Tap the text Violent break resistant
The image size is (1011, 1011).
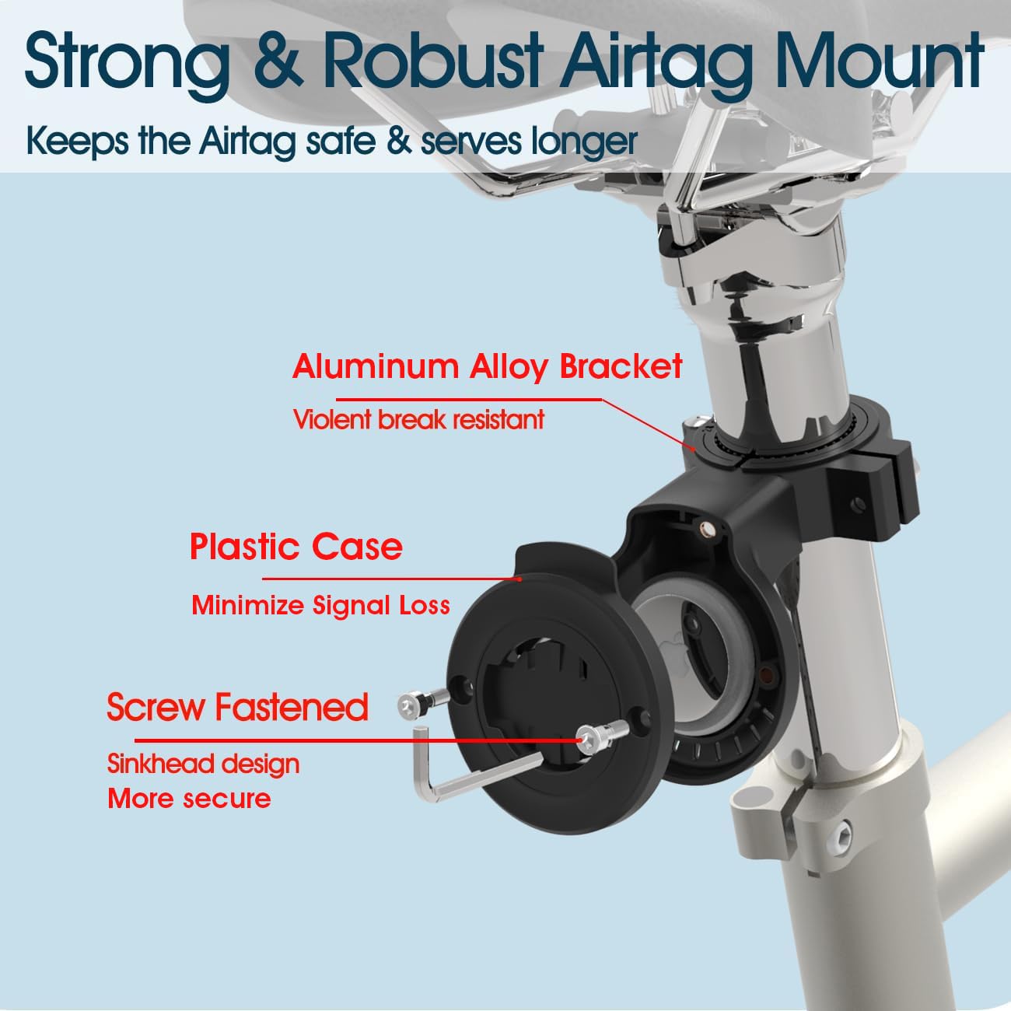(418, 420)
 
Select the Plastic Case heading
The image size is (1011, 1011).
(296, 547)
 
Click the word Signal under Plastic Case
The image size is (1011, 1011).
(352, 606)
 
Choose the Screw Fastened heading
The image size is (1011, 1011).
(238, 707)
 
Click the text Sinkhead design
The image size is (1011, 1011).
(204, 764)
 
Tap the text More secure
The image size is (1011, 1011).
(190, 799)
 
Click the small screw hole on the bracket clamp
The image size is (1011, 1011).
(859, 505)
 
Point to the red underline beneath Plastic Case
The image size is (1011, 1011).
(391, 579)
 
